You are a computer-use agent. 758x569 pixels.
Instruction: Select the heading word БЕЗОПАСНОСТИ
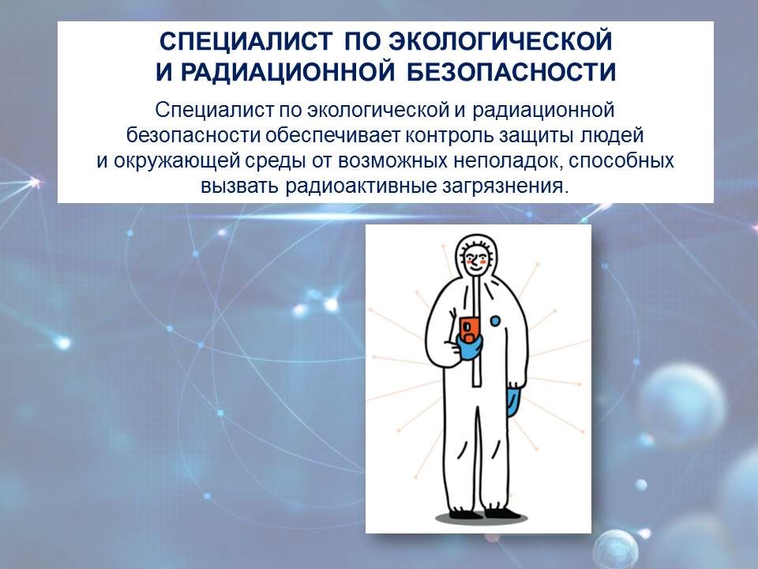[x=511, y=72]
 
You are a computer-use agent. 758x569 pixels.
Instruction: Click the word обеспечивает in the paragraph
[x=333, y=135]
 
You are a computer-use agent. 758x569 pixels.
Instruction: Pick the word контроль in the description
[x=447, y=135]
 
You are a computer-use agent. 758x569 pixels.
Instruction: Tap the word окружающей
[x=177, y=161]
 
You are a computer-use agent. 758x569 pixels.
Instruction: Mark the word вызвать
[x=240, y=187]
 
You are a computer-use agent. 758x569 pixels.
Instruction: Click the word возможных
[x=393, y=161]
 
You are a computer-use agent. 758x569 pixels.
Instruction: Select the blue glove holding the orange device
[x=468, y=348]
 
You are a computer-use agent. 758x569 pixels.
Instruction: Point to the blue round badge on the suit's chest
[x=496, y=320]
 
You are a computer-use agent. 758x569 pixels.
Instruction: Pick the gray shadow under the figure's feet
[x=481, y=518]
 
